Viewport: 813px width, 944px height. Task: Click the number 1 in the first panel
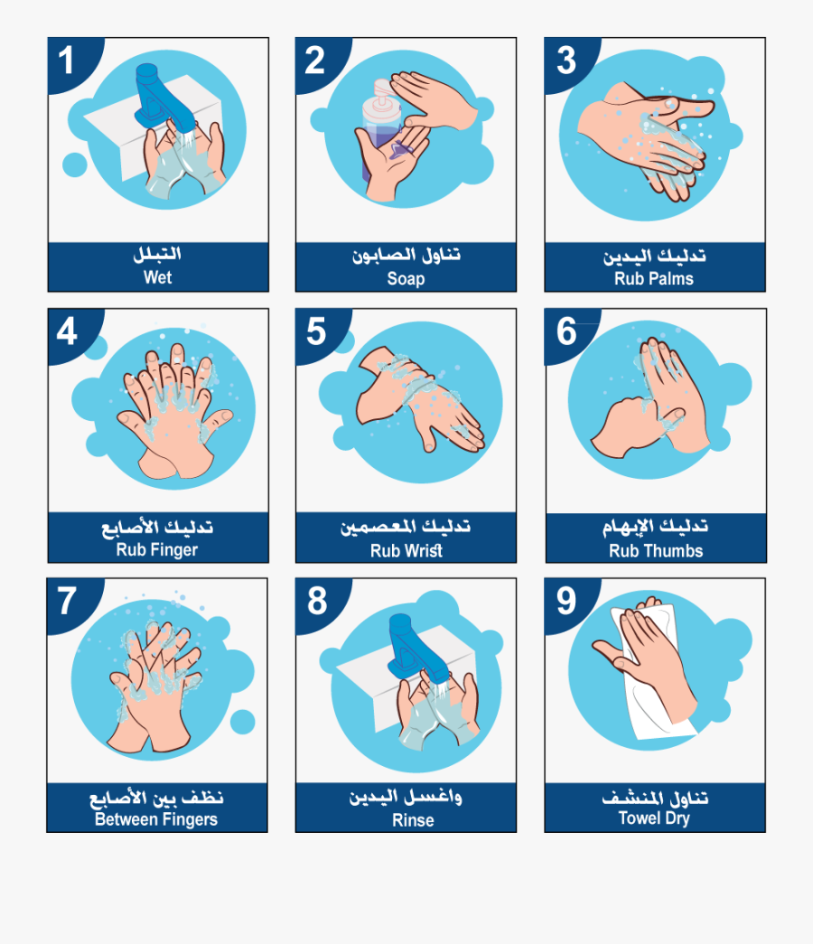coord(66,61)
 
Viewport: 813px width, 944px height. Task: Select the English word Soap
coord(406,278)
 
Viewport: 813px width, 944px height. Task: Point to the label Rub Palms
coord(654,278)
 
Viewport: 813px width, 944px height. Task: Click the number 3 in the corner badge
coord(565,61)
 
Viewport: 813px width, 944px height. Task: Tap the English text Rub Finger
coord(157,549)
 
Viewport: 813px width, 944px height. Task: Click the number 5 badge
coord(316,332)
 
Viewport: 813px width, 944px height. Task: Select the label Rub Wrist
coord(406,550)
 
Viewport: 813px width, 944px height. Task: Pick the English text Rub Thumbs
coord(656,550)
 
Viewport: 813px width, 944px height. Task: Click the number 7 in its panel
coord(67,601)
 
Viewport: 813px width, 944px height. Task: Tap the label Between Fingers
coord(156,819)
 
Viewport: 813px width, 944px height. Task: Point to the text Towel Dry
coord(654,818)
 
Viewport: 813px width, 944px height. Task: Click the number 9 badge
coord(565,601)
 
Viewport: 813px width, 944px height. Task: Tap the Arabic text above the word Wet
coord(157,256)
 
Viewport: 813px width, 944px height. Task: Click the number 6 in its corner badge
coord(565,332)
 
